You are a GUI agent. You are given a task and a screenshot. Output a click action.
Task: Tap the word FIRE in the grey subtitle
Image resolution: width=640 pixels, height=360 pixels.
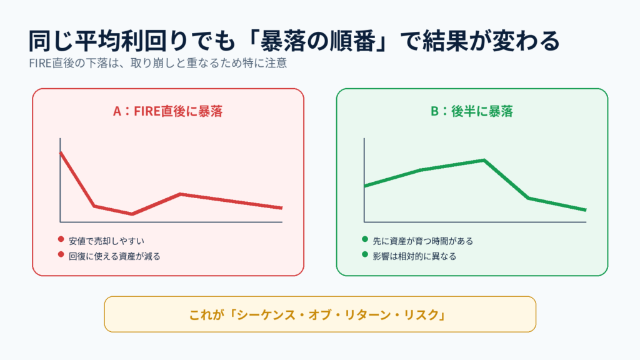pos(40,63)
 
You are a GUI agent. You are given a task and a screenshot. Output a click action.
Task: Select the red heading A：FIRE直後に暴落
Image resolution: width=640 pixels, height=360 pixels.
pos(167,111)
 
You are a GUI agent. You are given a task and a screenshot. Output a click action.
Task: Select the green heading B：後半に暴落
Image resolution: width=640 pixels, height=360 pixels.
pos(472,111)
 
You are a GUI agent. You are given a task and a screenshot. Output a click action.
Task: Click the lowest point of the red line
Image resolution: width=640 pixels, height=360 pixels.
pos(132,214)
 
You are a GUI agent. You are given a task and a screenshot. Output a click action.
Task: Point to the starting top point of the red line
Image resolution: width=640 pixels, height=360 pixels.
pos(61,152)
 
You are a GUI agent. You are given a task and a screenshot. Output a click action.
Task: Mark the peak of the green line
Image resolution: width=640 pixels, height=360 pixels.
pos(484,160)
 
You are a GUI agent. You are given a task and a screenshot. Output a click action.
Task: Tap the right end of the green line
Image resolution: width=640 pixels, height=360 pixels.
pos(586,210)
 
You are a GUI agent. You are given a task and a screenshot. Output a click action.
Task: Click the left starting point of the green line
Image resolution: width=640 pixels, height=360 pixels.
pos(365,186)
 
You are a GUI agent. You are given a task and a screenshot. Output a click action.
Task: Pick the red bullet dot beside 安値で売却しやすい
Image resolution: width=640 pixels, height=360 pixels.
pos(61,239)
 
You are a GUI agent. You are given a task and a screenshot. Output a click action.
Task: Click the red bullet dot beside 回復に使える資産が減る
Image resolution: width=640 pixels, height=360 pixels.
pos(61,255)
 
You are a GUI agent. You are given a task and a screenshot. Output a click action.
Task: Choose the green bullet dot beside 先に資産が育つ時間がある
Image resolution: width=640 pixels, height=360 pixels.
pos(365,239)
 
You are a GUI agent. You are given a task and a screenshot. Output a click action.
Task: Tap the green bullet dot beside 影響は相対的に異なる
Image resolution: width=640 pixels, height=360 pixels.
pos(365,255)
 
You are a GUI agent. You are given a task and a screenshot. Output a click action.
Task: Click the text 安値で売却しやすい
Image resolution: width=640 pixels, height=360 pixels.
pos(106,241)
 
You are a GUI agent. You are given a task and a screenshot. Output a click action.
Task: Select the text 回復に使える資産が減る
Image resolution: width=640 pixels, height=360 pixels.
pos(114,256)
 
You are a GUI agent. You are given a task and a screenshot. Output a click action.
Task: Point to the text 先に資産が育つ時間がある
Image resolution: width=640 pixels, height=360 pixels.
pos(423,241)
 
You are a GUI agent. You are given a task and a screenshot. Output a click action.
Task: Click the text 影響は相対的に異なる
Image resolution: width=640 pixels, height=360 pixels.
pos(414,256)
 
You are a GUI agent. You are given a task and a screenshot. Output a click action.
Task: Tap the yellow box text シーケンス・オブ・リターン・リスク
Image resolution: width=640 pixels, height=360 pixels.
pos(337,315)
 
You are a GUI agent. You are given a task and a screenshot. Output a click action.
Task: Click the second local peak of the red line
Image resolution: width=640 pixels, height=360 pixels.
pos(181,194)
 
